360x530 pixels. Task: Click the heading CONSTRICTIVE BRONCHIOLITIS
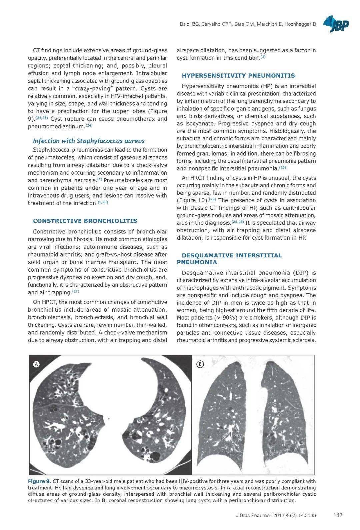[85, 221]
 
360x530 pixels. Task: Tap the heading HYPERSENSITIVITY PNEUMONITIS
[238, 76]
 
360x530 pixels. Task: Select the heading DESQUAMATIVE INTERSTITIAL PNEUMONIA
[229, 259]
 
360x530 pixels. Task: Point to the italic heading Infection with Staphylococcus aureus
[89, 141]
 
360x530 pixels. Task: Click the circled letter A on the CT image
[36, 364]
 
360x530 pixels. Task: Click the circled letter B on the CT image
[200, 364]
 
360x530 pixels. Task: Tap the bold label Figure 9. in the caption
[40, 481]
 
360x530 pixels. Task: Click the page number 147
[338, 515]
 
